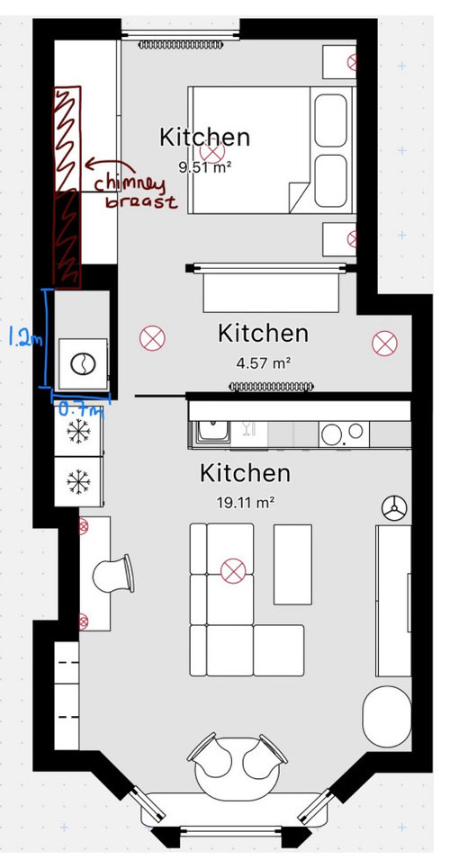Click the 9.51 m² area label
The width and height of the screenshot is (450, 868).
pyautogui.click(x=204, y=166)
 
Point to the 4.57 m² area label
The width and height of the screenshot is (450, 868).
pyautogui.click(x=263, y=363)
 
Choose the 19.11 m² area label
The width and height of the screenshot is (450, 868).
pyautogui.click(x=246, y=503)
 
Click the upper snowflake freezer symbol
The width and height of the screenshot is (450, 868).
pyautogui.click(x=78, y=431)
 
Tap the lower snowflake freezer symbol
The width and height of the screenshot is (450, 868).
pyautogui.click(x=78, y=481)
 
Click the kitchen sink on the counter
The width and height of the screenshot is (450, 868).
pyautogui.click(x=212, y=432)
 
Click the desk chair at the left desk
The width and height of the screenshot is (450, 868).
pyautogui.click(x=113, y=574)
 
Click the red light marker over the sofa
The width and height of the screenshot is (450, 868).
pyautogui.click(x=233, y=571)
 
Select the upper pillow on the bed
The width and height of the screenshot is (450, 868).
pyautogui.click(x=330, y=121)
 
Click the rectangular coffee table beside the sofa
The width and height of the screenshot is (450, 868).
pyautogui.click(x=292, y=565)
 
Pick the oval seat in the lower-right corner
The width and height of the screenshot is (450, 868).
pyautogui.click(x=387, y=716)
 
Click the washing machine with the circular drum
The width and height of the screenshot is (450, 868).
pyautogui.click(x=84, y=363)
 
